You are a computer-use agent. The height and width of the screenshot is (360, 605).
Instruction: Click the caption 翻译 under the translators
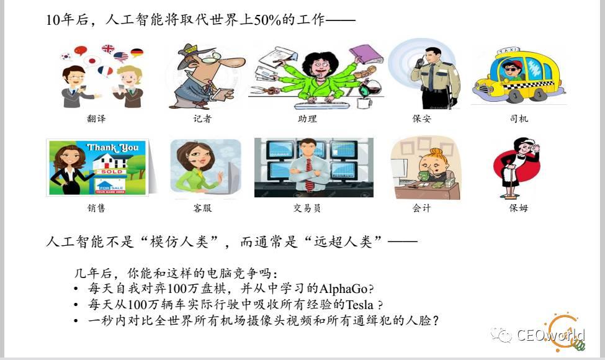click(x=96, y=119)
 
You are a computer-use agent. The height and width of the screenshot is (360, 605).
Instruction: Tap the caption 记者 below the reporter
click(x=202, y=119)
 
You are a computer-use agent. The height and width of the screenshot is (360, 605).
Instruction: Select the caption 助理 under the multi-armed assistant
click(x=308, y=119)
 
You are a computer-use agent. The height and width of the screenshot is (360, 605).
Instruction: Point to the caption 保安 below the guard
click(x=422, y=119)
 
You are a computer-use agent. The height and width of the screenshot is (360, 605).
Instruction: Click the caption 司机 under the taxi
click(x=519, y=119)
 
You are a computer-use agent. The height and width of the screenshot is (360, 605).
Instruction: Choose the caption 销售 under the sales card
click(x=96, y=208)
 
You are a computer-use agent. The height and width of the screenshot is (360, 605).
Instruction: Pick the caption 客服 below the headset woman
click(x=202, y=208)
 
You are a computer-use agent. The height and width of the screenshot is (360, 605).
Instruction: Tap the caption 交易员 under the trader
click(x=307, y=208)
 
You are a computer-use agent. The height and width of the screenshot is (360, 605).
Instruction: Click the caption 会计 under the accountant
click(x=422, y=208)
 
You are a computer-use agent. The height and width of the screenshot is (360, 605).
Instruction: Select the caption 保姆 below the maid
click(x=519, y=208)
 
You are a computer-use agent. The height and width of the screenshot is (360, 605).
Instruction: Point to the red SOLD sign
click(x=112, y=171)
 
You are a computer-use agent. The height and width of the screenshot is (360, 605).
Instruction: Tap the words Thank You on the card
click(x=112, y=147)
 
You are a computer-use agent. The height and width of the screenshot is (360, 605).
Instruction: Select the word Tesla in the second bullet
click(x=360, y=305)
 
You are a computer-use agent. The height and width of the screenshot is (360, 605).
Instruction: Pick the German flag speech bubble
click(x=137, y=53)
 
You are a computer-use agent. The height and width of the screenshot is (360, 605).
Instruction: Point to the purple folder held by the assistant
click(x=365, y=54)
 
